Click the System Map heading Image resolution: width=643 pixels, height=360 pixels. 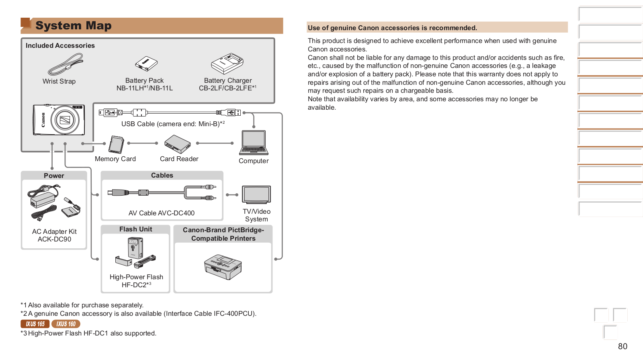pos(74,26)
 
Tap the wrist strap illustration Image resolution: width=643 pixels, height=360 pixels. pos(65,65)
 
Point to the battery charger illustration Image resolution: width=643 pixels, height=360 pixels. pos(227,63)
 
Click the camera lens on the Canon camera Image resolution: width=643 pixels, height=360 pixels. pos(65,120)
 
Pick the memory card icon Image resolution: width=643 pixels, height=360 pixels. pos(117,145)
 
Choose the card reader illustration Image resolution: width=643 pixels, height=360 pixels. pos(177,144)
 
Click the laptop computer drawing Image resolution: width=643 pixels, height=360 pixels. pos(254,143)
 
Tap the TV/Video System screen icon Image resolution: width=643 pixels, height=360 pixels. pos(256,195)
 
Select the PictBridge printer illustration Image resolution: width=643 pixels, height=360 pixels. pos(223,267)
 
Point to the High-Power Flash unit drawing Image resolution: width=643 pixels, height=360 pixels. pos(135,252)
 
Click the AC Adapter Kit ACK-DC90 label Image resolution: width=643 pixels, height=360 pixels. pos(54,235)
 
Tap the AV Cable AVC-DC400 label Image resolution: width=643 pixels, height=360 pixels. pos(162,213)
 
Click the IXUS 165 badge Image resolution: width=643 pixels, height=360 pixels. pos(35,324)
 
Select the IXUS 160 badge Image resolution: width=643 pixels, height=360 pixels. pos(66,324)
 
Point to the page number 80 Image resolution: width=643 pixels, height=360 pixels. pos(623,346)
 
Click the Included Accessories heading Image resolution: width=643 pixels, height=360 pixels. pos(60,46)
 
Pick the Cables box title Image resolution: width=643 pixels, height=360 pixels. pos(162,176)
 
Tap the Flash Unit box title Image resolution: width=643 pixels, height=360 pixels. pos(136,229)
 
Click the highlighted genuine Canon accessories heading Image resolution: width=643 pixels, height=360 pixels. pos(392,28)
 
